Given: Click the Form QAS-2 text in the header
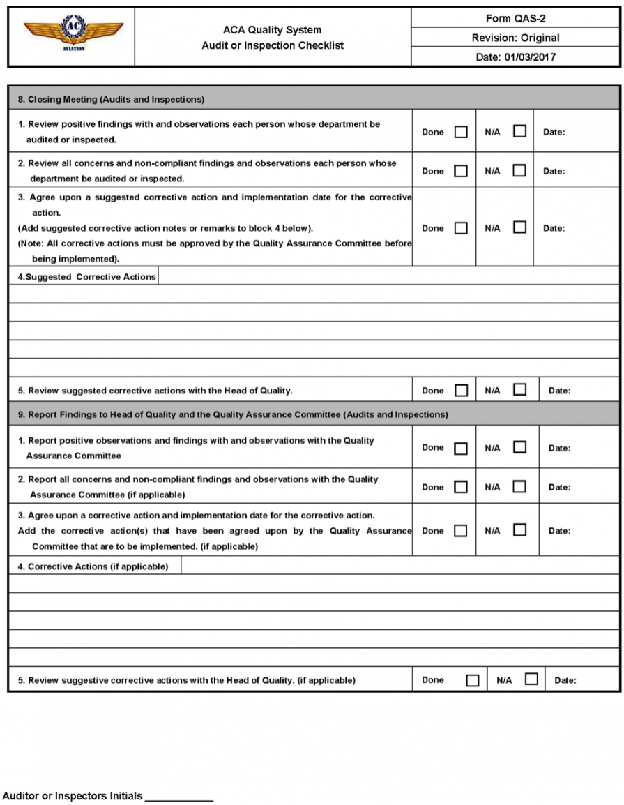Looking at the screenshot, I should coord(515,19).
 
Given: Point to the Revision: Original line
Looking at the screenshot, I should coord(515,38).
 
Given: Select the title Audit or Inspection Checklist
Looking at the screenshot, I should coord(273,45).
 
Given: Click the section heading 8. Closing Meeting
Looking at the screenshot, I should coord(111,99).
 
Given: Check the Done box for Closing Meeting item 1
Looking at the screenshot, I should coord(461,132).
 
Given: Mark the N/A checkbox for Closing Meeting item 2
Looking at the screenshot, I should coord(519,170).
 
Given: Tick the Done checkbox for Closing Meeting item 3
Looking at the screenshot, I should coord(461,227).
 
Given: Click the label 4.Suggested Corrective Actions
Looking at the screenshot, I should coord(86,277).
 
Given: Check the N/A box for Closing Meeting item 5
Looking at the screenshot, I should coord(519,390).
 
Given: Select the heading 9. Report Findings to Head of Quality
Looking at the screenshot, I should coord(233,414).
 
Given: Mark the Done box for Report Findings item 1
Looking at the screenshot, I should coord(461,448).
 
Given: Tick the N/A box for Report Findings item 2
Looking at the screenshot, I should coord(519,486).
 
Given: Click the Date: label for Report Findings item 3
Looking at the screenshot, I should coord(559,531).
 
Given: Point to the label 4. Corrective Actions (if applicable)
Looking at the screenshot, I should coord(98,566).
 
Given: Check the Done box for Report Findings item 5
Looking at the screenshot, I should coord(472,680).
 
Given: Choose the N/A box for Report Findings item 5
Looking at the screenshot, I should coord(531,679).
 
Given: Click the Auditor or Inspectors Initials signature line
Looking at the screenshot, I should coord(179,797).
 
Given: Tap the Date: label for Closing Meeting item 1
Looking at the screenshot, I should coord(554,132).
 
